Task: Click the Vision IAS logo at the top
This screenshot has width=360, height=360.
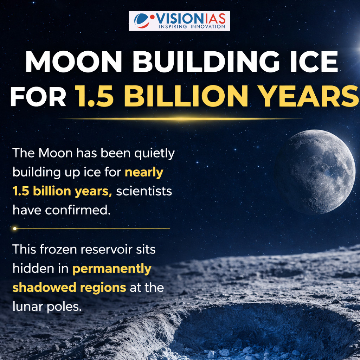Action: coord(179,21)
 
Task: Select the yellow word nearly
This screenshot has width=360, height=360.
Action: coord(144,173)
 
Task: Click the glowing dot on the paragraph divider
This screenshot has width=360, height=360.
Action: coord(15,229)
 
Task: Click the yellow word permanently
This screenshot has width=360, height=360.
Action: coord(112,269)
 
